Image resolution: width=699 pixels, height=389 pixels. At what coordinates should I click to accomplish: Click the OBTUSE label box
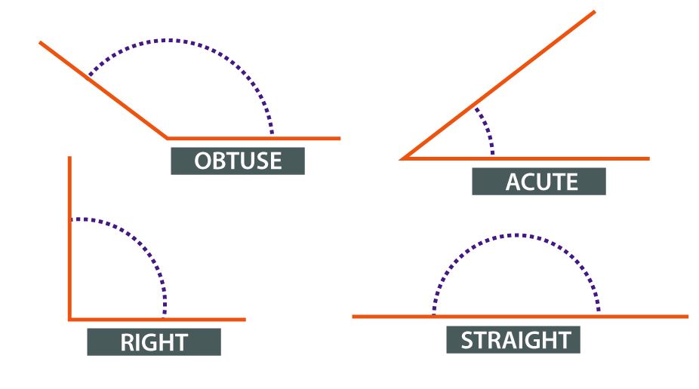[237, 161]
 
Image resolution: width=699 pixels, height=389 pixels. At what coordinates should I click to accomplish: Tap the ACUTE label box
[538, 182]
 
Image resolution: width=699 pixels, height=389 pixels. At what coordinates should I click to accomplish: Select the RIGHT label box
[154, 342]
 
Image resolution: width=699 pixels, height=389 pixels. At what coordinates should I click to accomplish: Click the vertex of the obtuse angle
[168, 138]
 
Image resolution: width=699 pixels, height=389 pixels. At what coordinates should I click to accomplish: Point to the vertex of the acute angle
[403, 158]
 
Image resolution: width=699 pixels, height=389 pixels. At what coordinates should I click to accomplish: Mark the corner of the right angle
[70, 319]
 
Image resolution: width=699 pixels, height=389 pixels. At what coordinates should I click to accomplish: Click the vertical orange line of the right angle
[69, 241]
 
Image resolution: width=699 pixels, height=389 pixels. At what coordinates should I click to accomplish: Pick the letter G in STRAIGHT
[541, 339]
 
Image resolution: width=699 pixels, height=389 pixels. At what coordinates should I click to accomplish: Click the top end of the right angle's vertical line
[69, 158]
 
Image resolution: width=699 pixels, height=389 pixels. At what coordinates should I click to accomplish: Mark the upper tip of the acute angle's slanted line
[594, 12]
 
